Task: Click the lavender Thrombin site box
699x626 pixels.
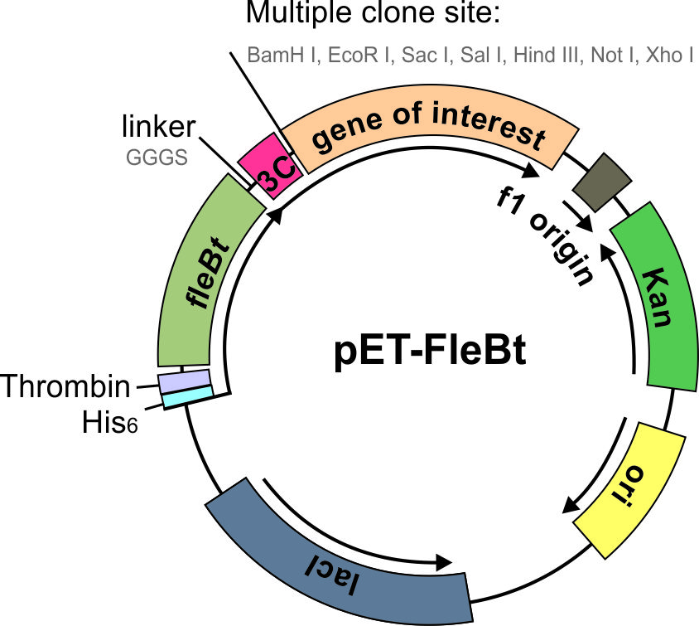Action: click(x=185, y=381)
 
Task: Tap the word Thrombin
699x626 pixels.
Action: click(x=66, y=386)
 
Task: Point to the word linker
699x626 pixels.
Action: click(x=158, y=127)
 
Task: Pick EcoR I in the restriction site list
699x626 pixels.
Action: click(x=360, y=56)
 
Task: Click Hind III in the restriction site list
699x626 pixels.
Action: click(x=547, y=56)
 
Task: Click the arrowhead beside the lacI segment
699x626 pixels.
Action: click(x=447, y=564)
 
